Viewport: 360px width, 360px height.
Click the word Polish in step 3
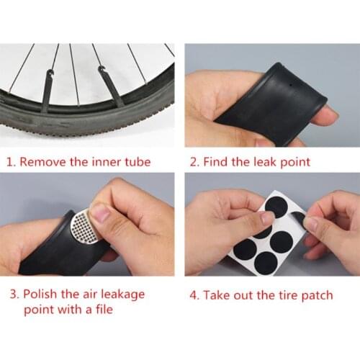pos(41,294)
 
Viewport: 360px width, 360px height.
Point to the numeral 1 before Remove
pos(10,161)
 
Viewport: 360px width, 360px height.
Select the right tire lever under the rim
pos(109,86)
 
